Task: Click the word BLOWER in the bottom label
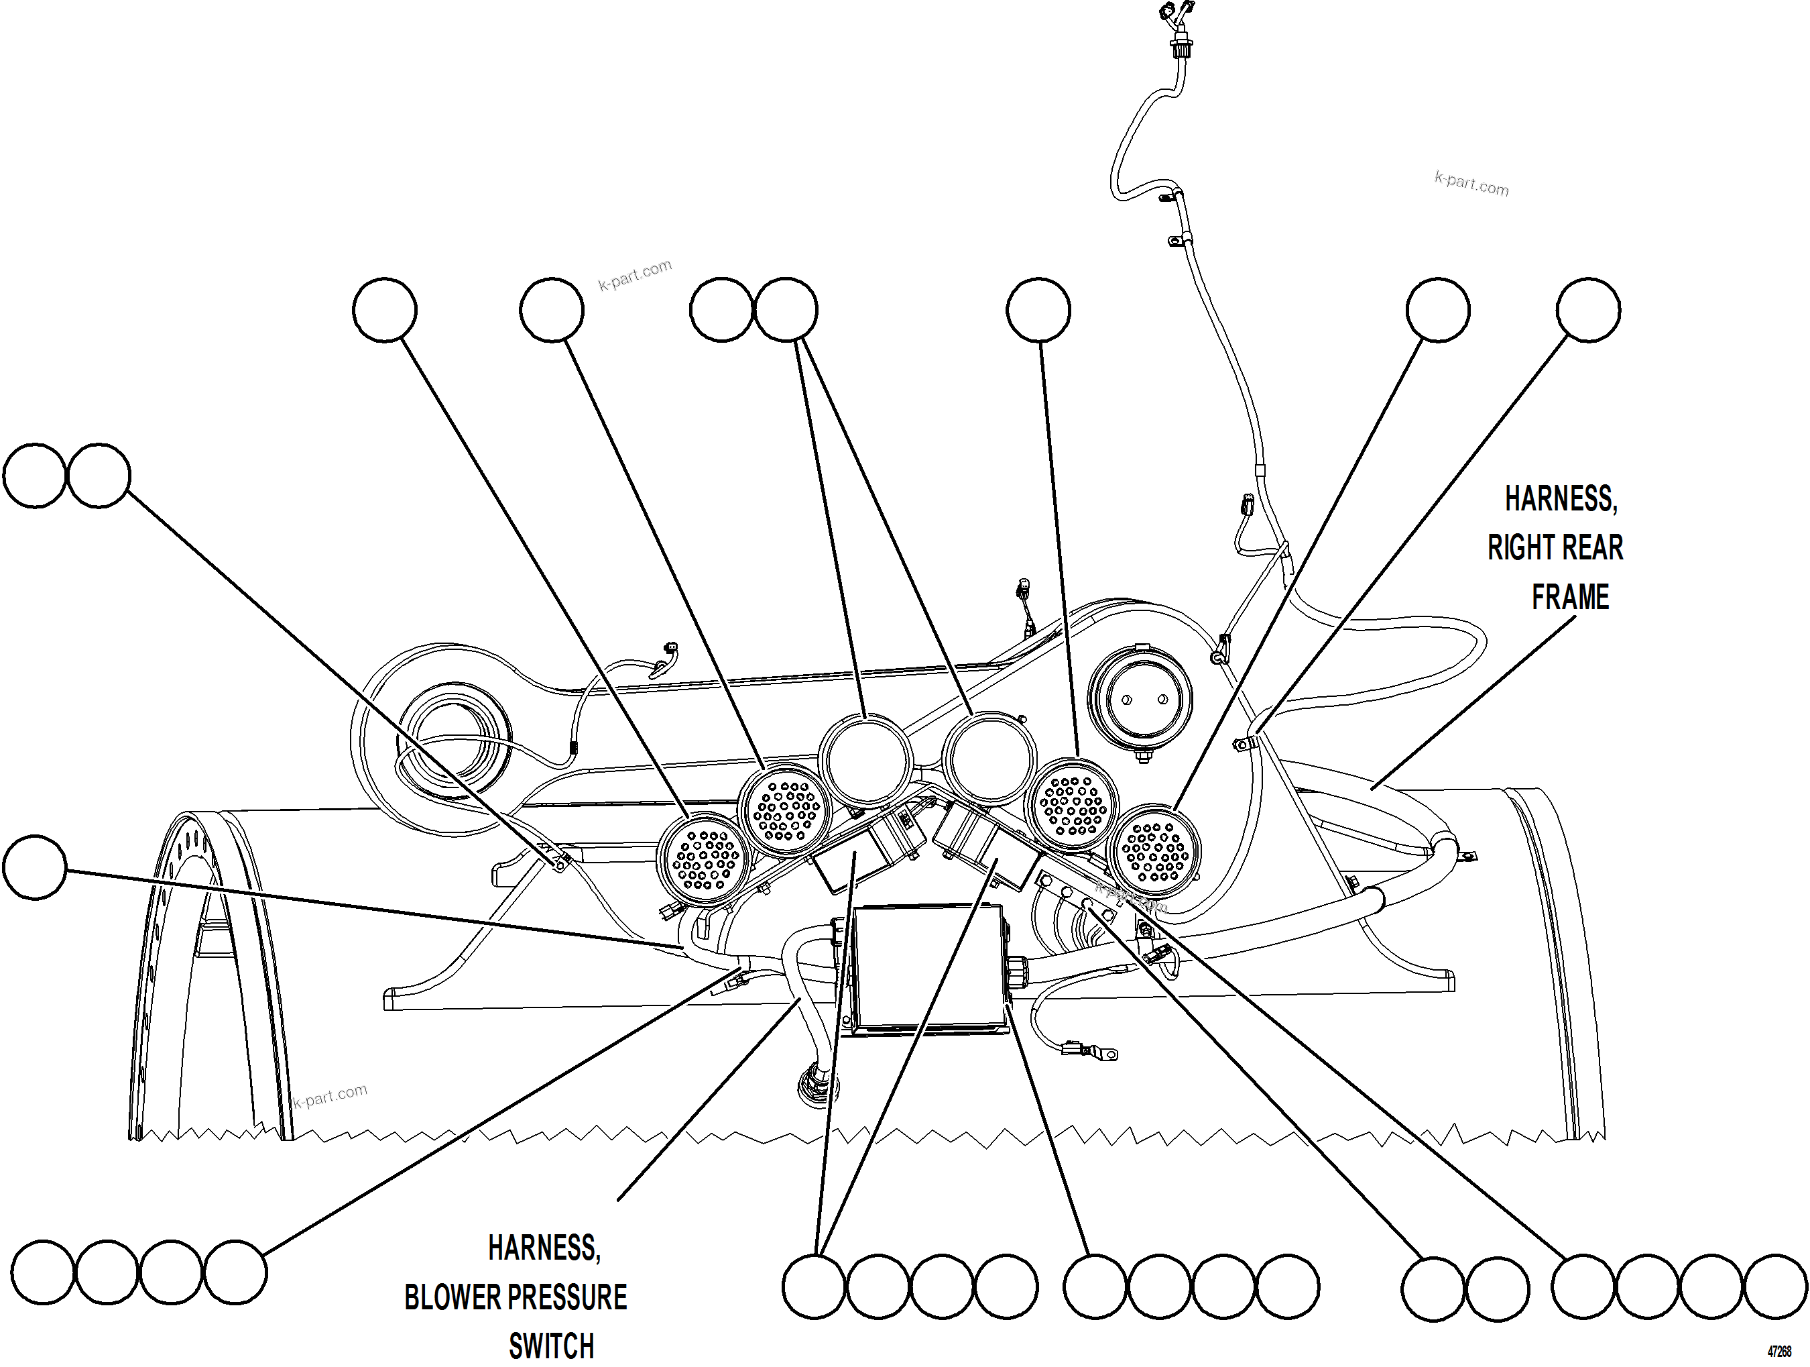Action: tap(452, 1297)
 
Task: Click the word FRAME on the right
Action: tap(1569, 597)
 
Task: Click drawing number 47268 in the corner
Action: tap(1779, 1352)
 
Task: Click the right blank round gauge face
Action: tap(987, 758)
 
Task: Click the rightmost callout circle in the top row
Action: tap(1587, 309)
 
